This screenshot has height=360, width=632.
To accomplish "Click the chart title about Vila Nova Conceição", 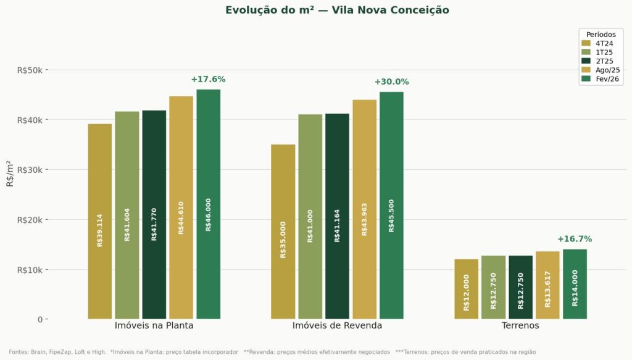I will click(x=336, y=10).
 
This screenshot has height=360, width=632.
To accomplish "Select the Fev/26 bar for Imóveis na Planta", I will click(x=208, y=204).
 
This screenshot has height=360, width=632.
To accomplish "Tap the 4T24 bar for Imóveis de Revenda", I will click(x=283, y=232).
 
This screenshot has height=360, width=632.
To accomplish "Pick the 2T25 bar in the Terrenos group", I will click(x=520, y=287).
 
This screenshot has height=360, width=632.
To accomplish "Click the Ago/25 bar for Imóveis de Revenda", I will click(x=365, y=209).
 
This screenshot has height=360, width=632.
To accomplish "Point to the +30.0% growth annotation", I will click(x=391, y=82).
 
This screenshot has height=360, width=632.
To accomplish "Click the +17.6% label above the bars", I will click(x=208, y=79).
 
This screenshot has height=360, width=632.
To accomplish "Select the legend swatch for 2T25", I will click(x=586, y=61).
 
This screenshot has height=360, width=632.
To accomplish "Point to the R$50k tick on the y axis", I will click(x=30, y=70).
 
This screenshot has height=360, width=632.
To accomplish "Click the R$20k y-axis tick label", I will click(x=30, y=220).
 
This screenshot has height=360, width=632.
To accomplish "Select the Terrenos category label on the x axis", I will click(x=520, y=325).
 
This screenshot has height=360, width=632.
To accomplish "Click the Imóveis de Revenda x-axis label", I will click(x=337, y=325).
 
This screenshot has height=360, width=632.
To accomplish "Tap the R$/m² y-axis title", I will click(x=9, y=173).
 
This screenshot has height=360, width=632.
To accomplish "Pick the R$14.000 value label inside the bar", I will click(x=575, y=288).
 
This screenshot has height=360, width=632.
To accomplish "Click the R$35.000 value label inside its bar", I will click(x=283, y=239).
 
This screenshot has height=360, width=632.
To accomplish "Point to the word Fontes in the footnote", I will click(x=19, y=352).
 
